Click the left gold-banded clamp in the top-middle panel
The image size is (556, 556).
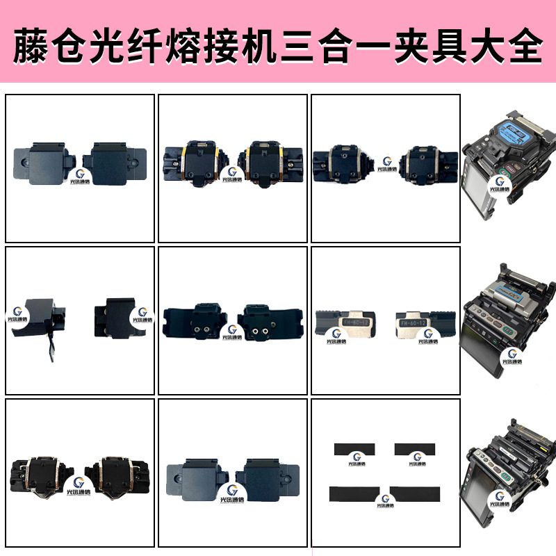(193, 161)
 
